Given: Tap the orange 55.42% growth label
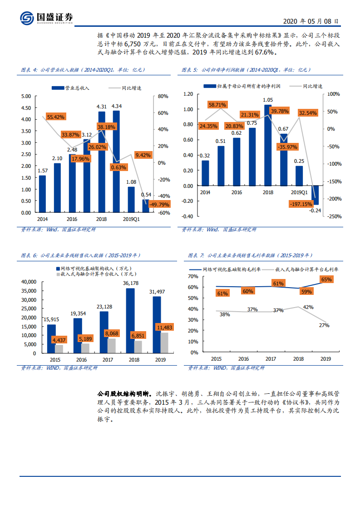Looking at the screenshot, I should pos(56,117).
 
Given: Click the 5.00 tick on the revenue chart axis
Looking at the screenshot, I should pos(25,96).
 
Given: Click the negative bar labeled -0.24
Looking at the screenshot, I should pos(314,195).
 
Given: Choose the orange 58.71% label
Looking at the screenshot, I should pos(217,105).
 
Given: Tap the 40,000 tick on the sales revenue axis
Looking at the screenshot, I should pos(28,282).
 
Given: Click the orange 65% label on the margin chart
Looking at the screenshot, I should pos(326,279).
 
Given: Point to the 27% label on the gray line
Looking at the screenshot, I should pos(324,325).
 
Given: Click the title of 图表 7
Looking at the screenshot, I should pos(250,255).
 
